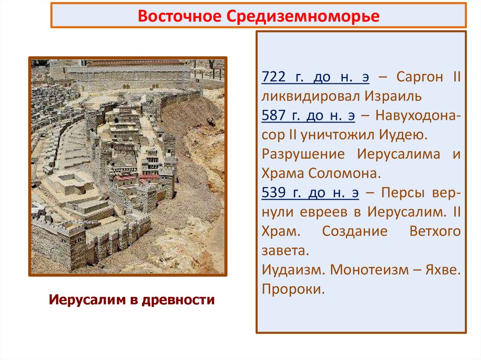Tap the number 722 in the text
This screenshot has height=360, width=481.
tap(272, 77)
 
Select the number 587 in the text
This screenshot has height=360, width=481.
tap(272, 115)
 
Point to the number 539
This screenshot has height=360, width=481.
tap(272, 192)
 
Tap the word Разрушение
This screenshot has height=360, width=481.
tap(303, 154)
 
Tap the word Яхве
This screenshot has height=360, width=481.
tap(443, 269)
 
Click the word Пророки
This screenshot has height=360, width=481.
tap(294, 289)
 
